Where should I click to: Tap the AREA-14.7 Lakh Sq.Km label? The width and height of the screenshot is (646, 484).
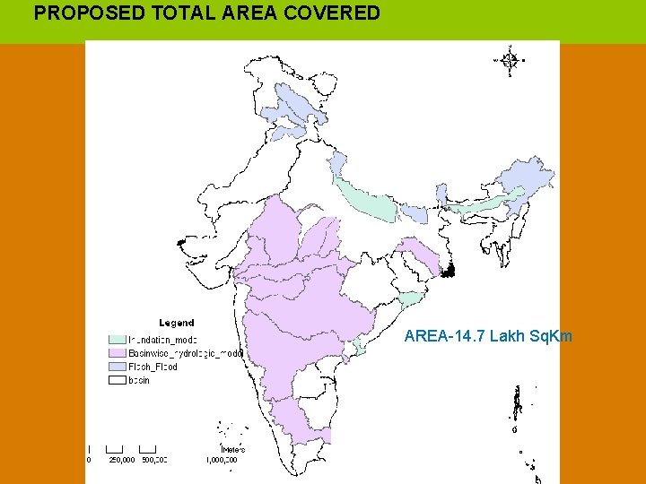click(x=488, y=337)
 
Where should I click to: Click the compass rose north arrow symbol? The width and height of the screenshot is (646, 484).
click(x=510, y=60)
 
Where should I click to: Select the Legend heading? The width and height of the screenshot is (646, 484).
click(x=177, y=323)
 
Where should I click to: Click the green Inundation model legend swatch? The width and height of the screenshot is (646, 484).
click(x=117, y=340)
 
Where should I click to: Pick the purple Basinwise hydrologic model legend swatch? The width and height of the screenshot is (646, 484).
click(x=117, y=353)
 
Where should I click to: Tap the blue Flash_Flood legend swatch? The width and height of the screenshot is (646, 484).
click(x=117, y=367)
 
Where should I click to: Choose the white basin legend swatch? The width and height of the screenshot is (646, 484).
click(x=117, y=380)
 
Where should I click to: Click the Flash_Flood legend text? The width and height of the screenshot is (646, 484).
click(x=153, y=367)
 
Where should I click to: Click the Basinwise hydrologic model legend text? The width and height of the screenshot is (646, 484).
click(x=185, y=353)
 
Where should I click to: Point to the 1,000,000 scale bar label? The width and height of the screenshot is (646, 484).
click(x=221, y=460)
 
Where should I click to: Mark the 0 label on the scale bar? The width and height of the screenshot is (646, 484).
click(x=89, y=460)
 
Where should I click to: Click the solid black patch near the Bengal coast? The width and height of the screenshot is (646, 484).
click(x=453, y=268)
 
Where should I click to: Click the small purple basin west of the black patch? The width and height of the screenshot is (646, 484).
click(x=417, y=255)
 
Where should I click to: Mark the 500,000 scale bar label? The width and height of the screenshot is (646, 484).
click(x=154, y=460)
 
